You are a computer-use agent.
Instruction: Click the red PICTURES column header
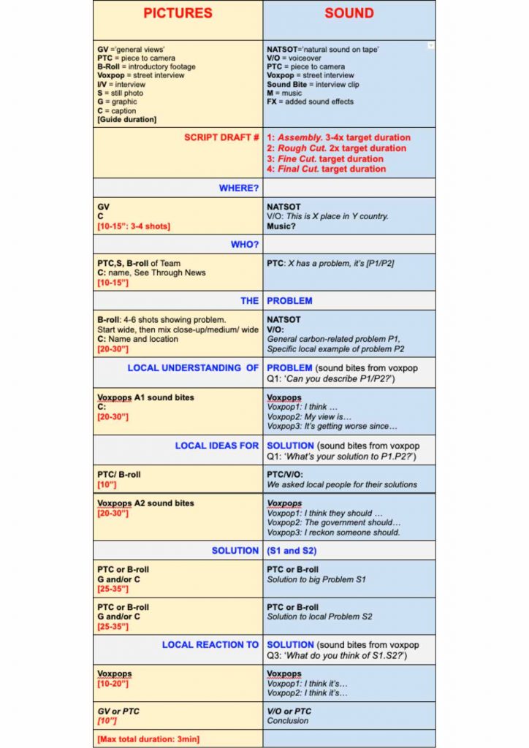pyautogui.click(x=178, y=13)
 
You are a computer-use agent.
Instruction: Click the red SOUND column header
pyautogui.click(x=349, y=13)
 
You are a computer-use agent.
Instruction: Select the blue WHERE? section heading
pyautogui.click(x=239, y=188)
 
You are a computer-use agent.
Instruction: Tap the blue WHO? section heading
pyautogui.click(x=245, y=244)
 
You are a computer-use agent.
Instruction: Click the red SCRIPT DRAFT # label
pyautogui.click(x=221, y=137)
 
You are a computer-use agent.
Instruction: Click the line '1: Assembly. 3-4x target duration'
pyautogui.click(x=338, y=137)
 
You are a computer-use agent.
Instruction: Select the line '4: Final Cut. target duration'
pyautogui.click(x=326, y=169)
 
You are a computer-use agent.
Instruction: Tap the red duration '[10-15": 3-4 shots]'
pyautogui.click(x=134, y=226)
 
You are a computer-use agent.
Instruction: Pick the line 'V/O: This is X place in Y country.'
pyautogui.click(x=327, y=217)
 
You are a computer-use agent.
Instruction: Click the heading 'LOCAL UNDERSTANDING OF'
pyautogui.click(x=193, y=368)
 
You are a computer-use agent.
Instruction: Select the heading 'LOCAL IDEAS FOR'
pyautogui.click(x=216, y=446)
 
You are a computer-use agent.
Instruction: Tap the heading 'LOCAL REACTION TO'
pyautogui.click(x=210, y=645)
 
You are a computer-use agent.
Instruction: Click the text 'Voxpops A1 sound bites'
pyautogui.click(x=145, y=398)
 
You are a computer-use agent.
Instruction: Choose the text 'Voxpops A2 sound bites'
pyautogui.click(x=145, y=503)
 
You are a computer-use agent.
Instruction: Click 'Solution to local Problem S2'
pyautogui.click(x=319, y=617)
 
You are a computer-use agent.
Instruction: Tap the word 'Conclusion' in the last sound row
pyautogui.click(x=288, y=720)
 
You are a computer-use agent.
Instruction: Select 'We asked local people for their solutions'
pyautogui.click(x=342, y=484)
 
